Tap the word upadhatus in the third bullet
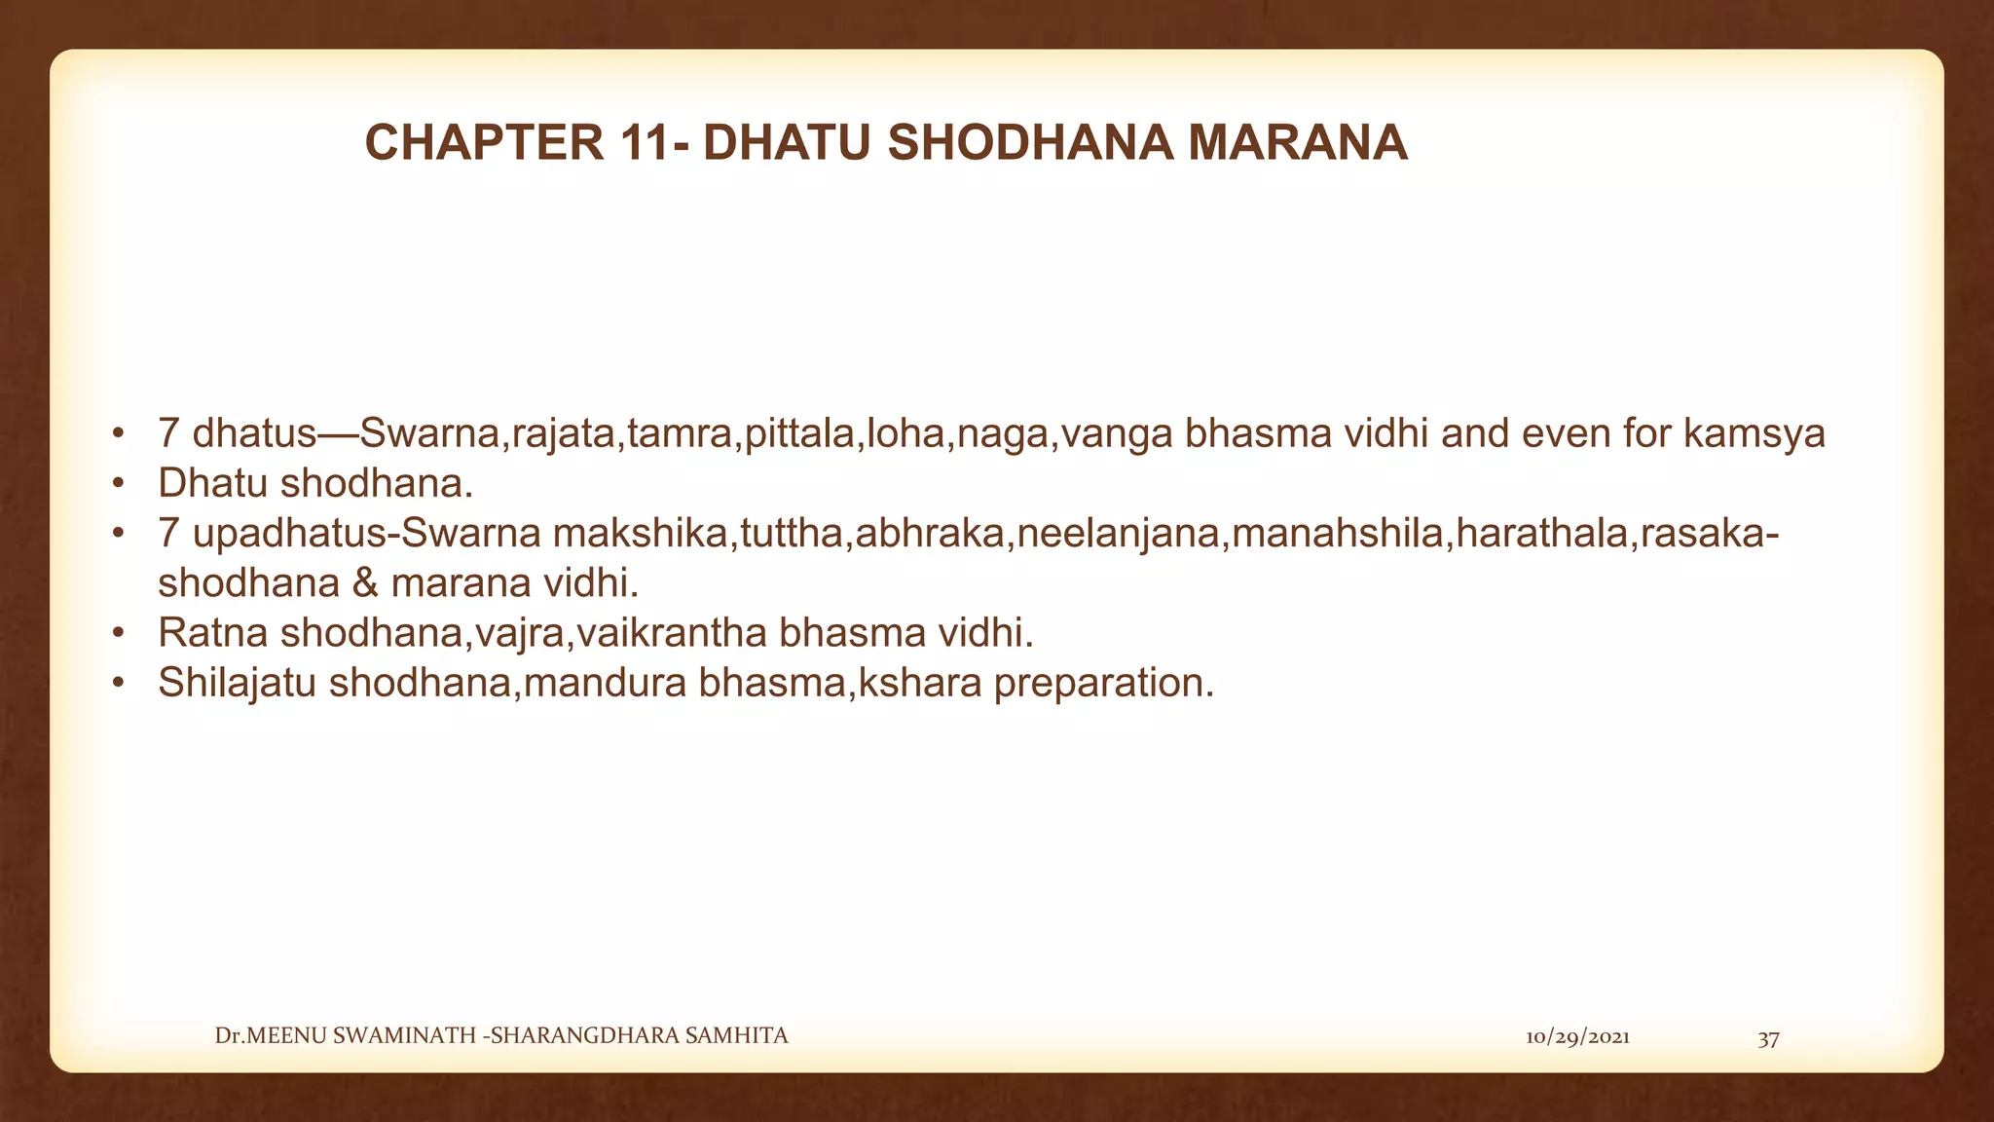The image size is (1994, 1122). pos(292,534)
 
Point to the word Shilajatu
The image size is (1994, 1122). pos(237,683)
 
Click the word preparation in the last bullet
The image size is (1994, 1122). pos(1103,683)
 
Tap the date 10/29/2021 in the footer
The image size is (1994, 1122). pos(1577,1037)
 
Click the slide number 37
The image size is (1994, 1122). pos(1768,1038)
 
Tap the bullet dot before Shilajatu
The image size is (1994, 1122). pos(118,683)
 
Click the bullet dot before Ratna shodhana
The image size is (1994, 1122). pos(118,633)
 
